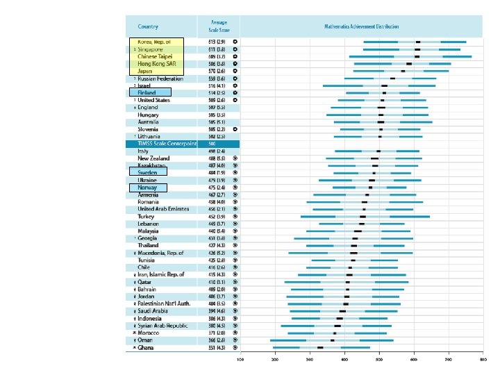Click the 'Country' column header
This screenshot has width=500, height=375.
coord(148,26)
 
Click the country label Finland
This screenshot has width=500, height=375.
coord(147,92)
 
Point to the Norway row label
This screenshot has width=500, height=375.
coord(147,187)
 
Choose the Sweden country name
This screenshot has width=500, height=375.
coord(147,173)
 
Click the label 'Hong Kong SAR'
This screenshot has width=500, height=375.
coord(154,63)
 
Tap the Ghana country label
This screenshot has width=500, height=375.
coord(146,347)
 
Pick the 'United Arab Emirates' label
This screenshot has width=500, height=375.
coord(161,209)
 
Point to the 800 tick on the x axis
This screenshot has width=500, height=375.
coord(483,360)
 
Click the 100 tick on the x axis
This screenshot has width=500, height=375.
coord(241,360)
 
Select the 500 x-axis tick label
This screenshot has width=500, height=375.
coord(379,360)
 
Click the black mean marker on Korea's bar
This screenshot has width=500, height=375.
coord(418,42)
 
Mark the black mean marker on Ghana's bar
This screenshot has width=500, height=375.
coord(321,347)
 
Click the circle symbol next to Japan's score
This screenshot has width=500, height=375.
coord(235,71)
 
